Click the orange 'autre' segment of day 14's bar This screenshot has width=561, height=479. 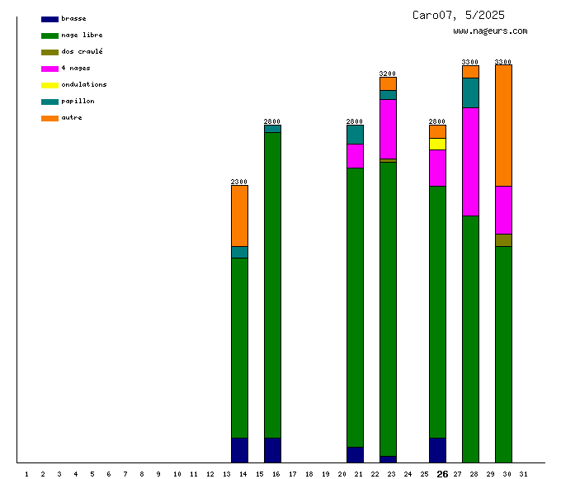coord(239,216)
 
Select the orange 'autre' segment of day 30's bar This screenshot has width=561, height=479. coord(503,125)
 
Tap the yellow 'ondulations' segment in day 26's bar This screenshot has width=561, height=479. coord(437,144)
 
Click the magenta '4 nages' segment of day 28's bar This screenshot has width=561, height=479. coord(470,161)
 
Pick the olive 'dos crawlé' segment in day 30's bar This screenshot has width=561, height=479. coord(503,240)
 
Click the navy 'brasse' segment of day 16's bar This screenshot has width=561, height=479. coord(272,450)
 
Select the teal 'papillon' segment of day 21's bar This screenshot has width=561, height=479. coord(355,134)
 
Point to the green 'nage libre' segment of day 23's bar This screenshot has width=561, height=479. coord(388,308)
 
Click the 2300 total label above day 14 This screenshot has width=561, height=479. coord(239,182)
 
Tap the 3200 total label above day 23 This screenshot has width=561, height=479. coord(388,74)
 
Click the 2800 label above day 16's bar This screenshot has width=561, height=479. coord(272,121)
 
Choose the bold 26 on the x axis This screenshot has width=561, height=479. coord(442,474)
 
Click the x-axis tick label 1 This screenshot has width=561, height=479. coord(26,474)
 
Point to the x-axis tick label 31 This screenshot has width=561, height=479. coord(523,474)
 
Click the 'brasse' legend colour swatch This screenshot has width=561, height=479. coord(49,19)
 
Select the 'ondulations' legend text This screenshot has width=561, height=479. coord(83,84)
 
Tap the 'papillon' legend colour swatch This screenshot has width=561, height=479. coord(49,102)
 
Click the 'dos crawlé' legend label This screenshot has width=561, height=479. coord(82,51)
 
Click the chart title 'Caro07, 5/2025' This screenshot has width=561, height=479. coord(459,15)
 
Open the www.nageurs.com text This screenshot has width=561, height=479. coord(490,31)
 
